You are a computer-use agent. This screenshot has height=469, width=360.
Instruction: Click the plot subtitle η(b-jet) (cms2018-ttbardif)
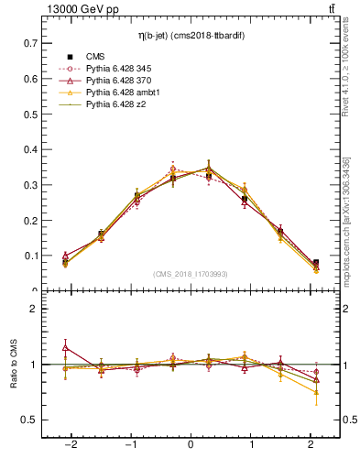[x=190, y=36]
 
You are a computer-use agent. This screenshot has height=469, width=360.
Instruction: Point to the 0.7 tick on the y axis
[x=30, y=43]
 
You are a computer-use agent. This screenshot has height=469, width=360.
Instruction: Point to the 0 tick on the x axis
[x=190, y=444]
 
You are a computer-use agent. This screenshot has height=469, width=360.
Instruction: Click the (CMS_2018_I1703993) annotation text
[x=190, y=274]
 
